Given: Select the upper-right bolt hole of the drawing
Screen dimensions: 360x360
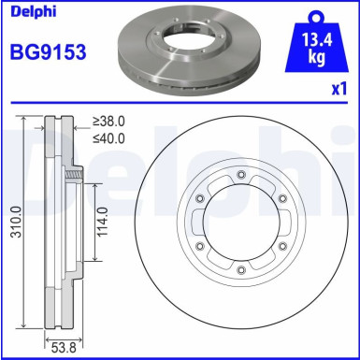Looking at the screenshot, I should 282,198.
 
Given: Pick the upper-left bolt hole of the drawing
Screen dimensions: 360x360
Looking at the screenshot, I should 201,198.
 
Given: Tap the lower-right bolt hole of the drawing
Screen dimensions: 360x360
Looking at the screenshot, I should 282,247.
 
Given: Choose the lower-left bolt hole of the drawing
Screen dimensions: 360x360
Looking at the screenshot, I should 201,247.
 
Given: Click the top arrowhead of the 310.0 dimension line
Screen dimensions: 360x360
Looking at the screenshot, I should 25,118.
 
